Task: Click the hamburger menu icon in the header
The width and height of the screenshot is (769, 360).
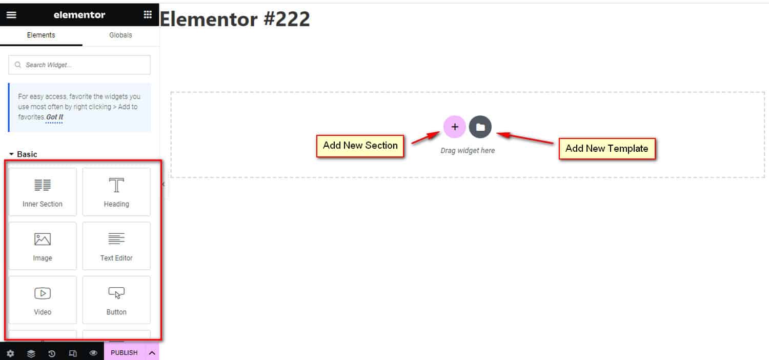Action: click(11, 15)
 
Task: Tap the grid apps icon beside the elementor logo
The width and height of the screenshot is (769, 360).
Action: click(148, 14)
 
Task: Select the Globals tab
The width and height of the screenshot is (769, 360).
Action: click(120, 35)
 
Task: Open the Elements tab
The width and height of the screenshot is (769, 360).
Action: click(41, 35)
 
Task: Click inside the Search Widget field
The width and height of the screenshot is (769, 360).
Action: click(79, 65)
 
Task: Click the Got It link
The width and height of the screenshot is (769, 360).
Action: click(54, 117)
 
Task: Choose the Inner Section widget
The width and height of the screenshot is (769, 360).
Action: click(43, 192)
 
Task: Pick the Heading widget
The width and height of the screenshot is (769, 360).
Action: click(116, 192)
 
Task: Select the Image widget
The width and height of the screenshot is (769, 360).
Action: click(43, 246)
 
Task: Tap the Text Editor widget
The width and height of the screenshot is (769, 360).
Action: click(116, 246)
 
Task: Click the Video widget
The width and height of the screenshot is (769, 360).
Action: click(43, 300)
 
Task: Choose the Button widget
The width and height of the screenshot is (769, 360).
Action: click(116, 300)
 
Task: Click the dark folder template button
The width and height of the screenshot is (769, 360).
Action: click(480, 127)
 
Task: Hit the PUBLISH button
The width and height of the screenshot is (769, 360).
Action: click(124, 353)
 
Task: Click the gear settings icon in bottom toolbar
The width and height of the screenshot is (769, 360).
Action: click(10, 353)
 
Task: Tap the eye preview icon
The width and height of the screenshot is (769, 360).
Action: click(93, 353)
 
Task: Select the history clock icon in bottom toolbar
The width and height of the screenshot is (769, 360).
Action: click(52, 353)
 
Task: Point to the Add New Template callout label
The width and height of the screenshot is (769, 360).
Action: click(607, 149)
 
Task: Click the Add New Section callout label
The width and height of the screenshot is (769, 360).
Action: click(360, 146)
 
